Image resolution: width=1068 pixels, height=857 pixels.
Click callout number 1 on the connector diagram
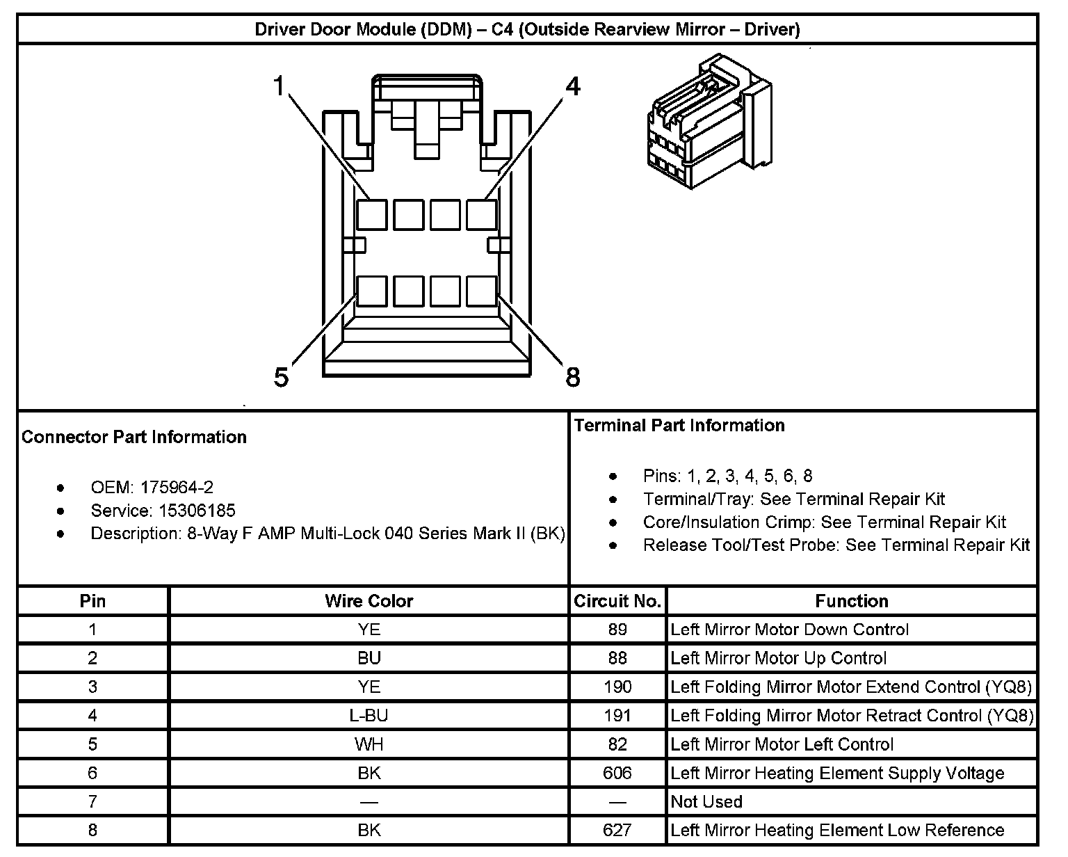[280, 87]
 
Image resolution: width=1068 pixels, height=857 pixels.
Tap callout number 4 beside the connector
[572, 87]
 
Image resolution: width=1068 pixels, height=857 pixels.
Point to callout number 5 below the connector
[281, 378]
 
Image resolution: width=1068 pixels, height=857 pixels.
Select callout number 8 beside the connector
[572, 378]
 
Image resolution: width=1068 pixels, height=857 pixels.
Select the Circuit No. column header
[617, 601]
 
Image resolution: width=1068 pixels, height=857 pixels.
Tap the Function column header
[852, 601]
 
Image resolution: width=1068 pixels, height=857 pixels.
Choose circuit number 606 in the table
[617, 773]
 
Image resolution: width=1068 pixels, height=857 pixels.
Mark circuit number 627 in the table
[617, 830]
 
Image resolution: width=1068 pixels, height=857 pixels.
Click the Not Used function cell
[706, 801]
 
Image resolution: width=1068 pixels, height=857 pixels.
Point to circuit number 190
[617, 687]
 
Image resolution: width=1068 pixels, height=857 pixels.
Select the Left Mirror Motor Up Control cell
[779, 658]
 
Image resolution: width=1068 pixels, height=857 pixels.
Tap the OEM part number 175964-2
[177, 487]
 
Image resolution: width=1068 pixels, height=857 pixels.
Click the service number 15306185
[197, 511]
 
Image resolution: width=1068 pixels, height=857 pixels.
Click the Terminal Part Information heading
[679, 426]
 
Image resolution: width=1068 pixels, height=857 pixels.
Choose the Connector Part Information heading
[134, 437]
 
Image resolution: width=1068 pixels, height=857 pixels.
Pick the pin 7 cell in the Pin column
[92, 801]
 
